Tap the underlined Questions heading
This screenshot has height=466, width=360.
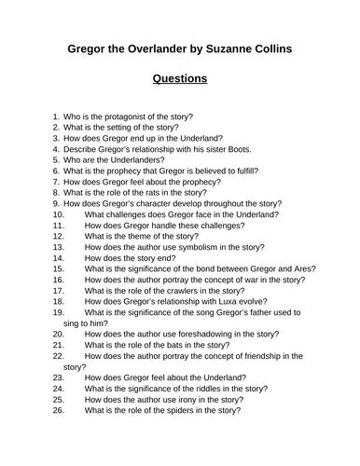pyautogui.click(x=180, y=79)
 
